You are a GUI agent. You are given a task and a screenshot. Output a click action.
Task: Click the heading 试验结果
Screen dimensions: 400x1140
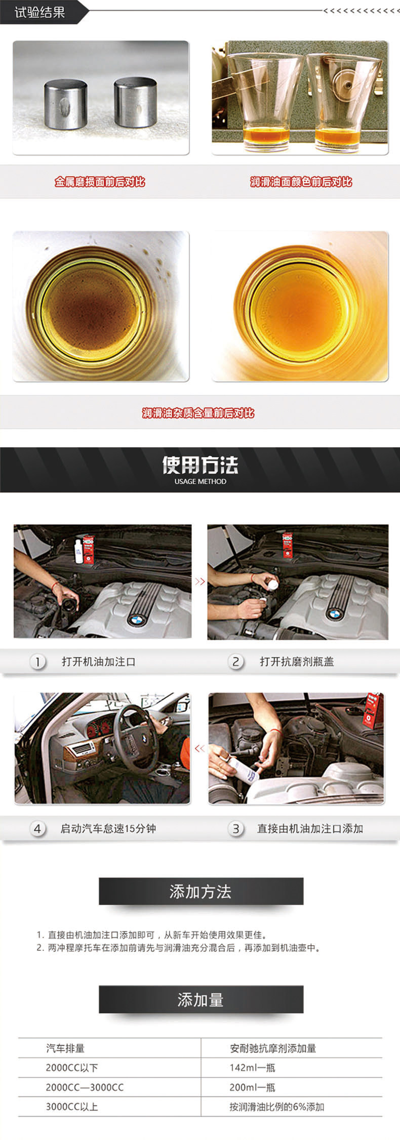pyautogui.click(x=39, y=12)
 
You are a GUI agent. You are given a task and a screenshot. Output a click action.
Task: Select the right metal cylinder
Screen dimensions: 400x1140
pyautogui.click(x=135, y=102)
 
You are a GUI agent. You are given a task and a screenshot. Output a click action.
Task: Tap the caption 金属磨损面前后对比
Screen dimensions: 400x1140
pyautogui.click(x=100, y=182)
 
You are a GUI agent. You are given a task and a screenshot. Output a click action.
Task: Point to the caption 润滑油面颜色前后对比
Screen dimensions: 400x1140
pyautogui.click(x=301, y=182)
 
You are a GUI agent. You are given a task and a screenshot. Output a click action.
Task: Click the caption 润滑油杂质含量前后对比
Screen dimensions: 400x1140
pyautogui.click(x=198, y=413)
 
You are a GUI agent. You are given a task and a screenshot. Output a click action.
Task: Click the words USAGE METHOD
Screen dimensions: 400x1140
pyautogui.click(x=200, y=481)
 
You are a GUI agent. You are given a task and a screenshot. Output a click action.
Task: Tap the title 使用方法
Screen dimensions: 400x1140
pyautogui.click(x=200, y=465)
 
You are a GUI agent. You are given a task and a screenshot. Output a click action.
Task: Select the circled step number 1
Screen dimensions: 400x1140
pyautogui.click(x=37, y=661)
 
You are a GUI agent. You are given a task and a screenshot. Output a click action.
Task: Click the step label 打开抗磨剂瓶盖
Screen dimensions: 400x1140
pyautogui.click(x=297, y=661)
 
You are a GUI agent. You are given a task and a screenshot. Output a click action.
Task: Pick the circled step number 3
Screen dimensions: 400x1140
pyautogui.click(x=235, y=828)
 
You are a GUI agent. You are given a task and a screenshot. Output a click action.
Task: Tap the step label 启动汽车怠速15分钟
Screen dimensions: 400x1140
pyautogui.click(x=108, y=828)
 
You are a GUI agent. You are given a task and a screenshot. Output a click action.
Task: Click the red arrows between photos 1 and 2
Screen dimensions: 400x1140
pyautogui.click(x=199, y=582)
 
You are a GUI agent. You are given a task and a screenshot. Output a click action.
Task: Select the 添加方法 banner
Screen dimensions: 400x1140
pyautogui.click(x=201, y=891)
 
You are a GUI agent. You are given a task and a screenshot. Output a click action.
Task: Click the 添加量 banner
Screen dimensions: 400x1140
pyautogui.click(x=201, y=999)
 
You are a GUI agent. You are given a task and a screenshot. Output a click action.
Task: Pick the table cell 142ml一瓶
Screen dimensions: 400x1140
pyautogui.click(x=252, y=1067)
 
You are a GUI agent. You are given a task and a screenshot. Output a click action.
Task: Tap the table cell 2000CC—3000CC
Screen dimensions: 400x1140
pyautogui.click(x=85, y=1087)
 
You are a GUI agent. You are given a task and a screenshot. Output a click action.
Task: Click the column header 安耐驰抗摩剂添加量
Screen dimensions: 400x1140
pyautogui.click(x=273, y=1048)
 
